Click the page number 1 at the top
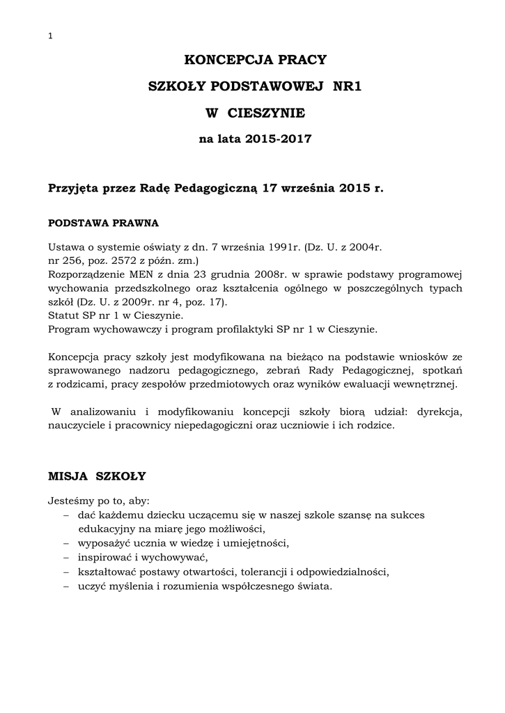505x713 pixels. pos(50,37)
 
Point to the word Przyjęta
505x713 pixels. pos(72,188)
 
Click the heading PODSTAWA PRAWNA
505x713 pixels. pos(103,224)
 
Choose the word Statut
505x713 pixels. pos(63,315)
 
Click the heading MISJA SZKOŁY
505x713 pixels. pos(97,476)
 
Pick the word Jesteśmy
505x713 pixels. pos(70,501)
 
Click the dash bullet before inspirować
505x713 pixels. pos(65,558)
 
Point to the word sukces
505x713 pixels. pos(405,514)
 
